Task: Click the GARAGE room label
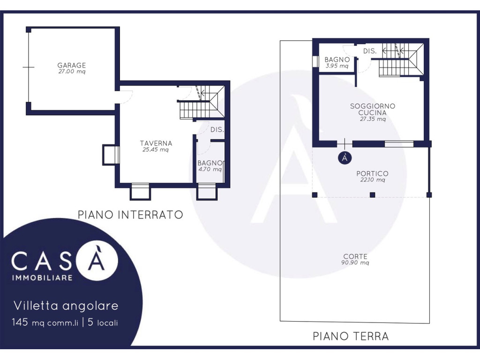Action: [x=72, y=65]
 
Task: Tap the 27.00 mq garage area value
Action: [x=72, y=72]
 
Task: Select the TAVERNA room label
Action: [x=156, y=143]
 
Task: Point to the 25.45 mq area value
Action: [x=156, y=150]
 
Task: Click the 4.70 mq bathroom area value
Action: [x=210, y=169]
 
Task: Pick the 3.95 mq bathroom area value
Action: [x=337, y=66]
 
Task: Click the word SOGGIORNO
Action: [x=373, y=106]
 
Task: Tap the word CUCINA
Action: [x=373, y=112]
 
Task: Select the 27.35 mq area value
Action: [x=373, y=119]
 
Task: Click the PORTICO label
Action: [x=372, y=173]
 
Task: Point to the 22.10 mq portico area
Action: [x=373, y=180]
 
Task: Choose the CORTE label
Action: [x=355, y=256]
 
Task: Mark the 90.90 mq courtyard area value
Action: [x=355, y=262]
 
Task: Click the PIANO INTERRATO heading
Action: [x=130, y=215]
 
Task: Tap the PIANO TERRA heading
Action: [x=351, y=336]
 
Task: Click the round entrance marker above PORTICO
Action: [x=345, y=157]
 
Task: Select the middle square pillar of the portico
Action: [x=373, y=195]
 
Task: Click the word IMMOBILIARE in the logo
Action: [x=42, y=278]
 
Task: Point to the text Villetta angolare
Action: [x=66, y=306]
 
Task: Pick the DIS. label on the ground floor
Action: [x=370, y=51]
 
